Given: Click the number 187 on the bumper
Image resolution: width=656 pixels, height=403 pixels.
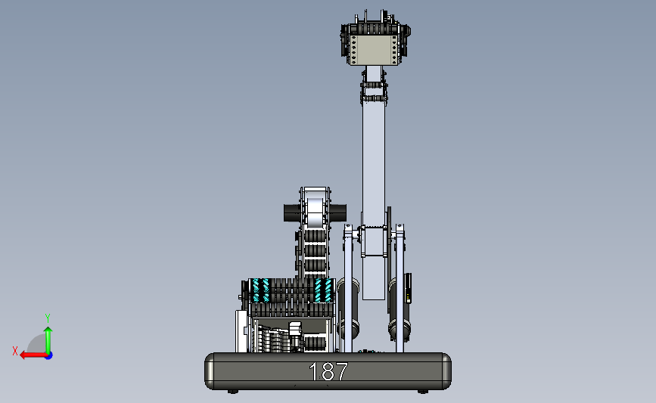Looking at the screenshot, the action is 328,371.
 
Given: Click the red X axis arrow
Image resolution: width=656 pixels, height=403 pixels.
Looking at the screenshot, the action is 33,355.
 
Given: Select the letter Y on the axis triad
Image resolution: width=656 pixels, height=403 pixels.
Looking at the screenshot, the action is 48,318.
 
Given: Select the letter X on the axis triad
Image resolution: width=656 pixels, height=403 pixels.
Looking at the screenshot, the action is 15,351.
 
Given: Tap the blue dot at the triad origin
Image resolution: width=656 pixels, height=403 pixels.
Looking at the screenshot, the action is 49,355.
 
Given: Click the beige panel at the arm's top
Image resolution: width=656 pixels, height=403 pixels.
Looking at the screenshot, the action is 374,50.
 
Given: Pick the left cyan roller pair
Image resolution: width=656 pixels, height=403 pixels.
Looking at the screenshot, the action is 260,290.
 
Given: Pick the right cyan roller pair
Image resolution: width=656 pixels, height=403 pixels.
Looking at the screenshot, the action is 323,290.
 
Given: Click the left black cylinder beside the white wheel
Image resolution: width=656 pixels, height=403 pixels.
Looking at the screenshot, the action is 292,212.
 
